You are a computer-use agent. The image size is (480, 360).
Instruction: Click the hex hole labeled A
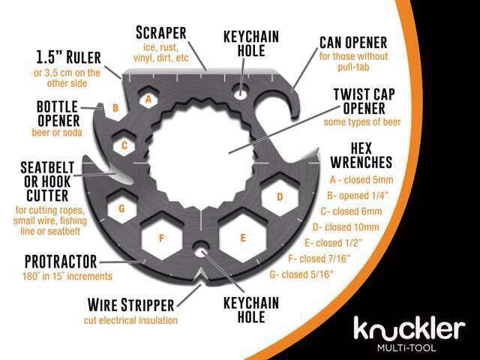[148, 99]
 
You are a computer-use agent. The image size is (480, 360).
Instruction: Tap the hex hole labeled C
[125, 144]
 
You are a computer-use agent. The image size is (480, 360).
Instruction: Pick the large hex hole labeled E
[241, 238]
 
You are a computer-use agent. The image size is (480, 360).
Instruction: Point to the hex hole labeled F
[161, 238]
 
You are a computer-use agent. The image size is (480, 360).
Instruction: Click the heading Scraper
[161, 33]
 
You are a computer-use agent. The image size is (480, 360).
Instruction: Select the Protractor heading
[60, 262]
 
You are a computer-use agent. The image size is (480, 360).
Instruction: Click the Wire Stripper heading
[130, 305]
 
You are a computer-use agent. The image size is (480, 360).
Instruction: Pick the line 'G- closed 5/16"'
[304, 274]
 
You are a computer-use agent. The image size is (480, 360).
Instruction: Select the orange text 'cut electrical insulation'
[130, 320]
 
